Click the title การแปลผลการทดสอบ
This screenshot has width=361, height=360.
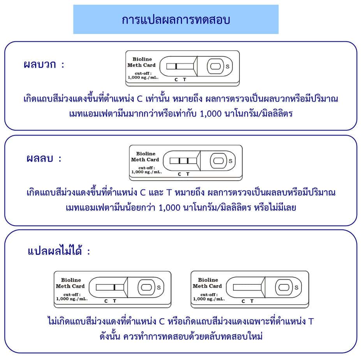(x=176, y=20)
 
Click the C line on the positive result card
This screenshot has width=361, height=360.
(x=176, y=66)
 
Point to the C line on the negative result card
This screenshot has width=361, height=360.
(x=180, y=161)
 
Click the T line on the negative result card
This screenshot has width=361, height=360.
(x=188, y=161)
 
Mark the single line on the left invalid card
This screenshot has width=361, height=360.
(x=114, y=287)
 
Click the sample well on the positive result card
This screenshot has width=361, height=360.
(x=215, y=66)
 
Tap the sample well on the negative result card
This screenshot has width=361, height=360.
(x=218, y=161)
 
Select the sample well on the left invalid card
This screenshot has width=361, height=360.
(x=146, y=287)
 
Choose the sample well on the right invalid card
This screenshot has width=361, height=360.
(x=284, y=287)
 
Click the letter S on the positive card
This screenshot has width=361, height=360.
(x=227, y=67)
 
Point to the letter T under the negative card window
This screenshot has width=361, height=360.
(x=188, y=174)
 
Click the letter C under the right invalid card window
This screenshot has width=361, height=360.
(x=243, y=301)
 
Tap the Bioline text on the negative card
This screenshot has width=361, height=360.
(x=146, y=154)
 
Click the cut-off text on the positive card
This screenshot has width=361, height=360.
(x=143, y=74)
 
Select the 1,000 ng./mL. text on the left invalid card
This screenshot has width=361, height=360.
(x=72, y=299)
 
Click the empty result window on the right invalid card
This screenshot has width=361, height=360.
(x=247, y=287)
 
